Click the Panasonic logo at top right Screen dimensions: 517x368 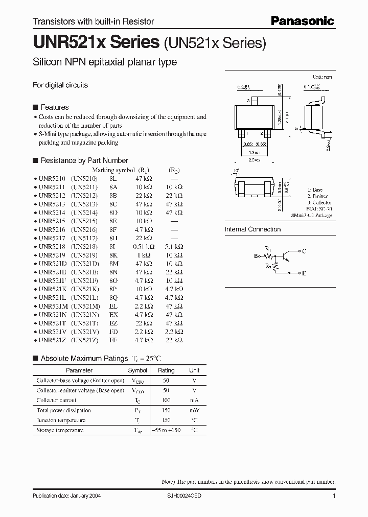302,20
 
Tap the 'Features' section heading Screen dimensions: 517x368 54,107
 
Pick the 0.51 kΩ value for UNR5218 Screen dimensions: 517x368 143,246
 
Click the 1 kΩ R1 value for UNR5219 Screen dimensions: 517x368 144,254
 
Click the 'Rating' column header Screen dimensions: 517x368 166,370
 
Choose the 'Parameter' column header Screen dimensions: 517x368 79,370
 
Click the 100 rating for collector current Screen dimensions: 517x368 166,401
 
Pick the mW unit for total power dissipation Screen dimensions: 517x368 195,410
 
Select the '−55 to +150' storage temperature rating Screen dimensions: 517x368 166,430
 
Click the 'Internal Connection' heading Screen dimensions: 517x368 253,229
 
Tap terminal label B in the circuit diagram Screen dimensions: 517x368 256,256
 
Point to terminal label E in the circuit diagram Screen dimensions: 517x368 304,273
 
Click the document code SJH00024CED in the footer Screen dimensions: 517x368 185,496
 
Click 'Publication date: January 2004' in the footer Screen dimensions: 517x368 71,496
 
